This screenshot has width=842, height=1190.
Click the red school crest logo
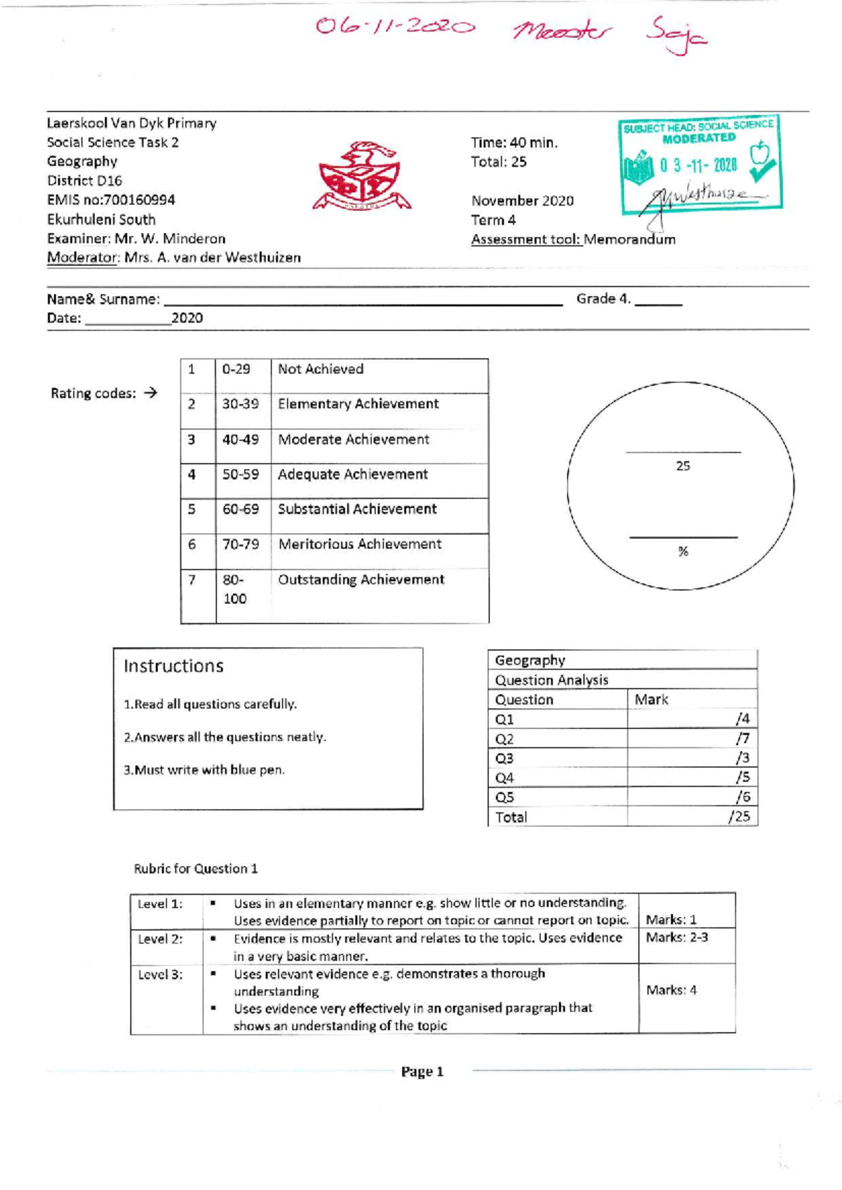[361, 178]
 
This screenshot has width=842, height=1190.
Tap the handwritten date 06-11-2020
[395, 27]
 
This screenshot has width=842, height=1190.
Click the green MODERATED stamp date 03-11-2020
[698, 166]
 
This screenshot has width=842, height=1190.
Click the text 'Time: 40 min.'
[514, 142]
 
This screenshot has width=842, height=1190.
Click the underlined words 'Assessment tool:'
[526, 239]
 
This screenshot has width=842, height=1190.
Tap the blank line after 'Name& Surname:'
[362, 300]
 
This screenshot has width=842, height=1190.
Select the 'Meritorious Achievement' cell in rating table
[360, 544]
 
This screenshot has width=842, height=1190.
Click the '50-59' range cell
[241, 474]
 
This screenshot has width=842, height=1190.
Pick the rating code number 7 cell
[192, 580]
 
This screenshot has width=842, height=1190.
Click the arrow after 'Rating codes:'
[150, 393]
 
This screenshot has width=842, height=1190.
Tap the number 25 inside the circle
[683, 466]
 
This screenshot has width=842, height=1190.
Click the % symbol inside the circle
[683, 551]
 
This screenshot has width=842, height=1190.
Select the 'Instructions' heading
[173, 666]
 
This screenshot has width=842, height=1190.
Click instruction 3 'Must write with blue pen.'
[204, 770]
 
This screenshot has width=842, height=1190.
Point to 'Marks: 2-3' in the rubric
[676, 937]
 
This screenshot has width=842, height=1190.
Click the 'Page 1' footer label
[422, 1071]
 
